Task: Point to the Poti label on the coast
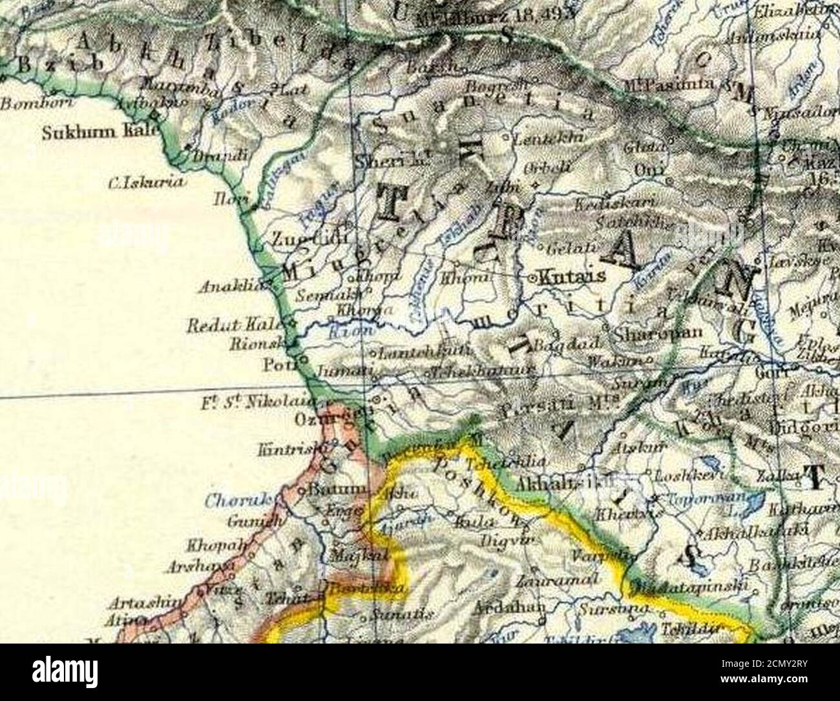[277, 365]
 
